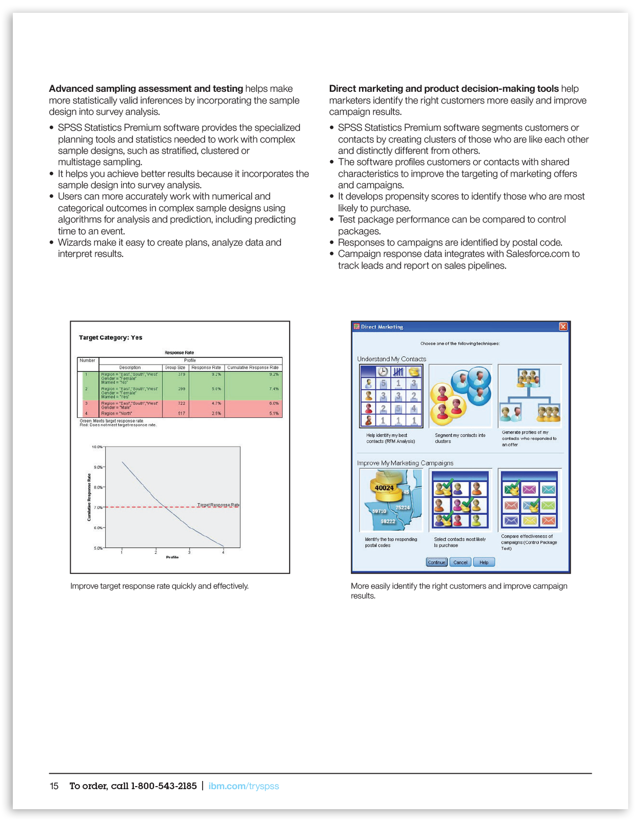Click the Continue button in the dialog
pos(436,563)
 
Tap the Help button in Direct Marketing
pos(484,563)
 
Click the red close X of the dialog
pos(563,327)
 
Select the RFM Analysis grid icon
pos(391,396)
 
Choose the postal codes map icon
pos(391,500)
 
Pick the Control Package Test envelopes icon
pos(530,500)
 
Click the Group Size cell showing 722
pos(182,404)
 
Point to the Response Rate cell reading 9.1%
pos(216,374)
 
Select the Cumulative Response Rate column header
pos(253,368)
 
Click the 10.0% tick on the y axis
pos(97,447)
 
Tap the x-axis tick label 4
pos(223,553)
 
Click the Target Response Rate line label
pos(218,505)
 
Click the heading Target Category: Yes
pos(110,338)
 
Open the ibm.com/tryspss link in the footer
pos(244,786)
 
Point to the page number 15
pos(54,786)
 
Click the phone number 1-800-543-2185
pos(164,786)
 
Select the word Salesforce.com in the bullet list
pos(537,254)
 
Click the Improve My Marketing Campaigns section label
pos(405,463)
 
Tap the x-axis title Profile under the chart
pos(172,557)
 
